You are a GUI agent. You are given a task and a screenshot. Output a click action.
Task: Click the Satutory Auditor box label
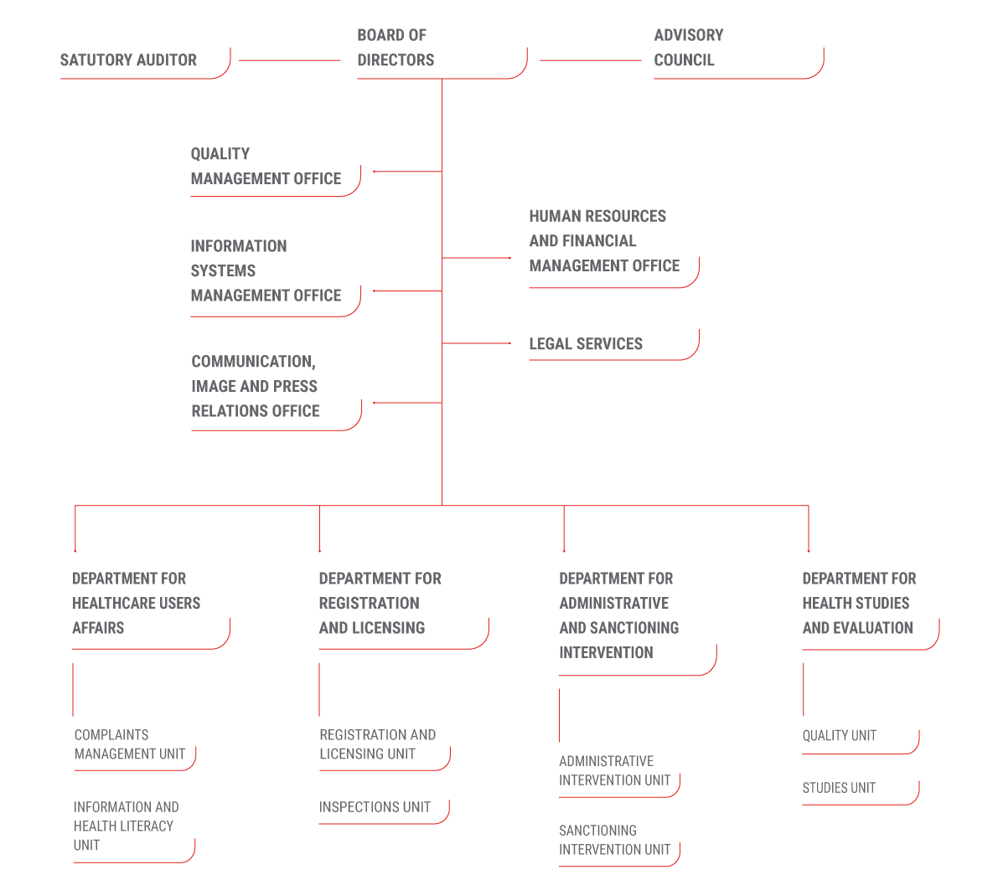point(128,60)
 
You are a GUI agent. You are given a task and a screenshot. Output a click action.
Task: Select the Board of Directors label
point(396,48)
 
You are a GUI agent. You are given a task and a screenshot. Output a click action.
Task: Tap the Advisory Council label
point(688,48)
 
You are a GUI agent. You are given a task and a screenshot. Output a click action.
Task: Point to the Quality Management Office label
point(266,167)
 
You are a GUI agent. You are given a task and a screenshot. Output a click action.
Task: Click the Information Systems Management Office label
point(266,270)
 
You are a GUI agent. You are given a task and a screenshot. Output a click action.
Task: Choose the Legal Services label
point(586,344)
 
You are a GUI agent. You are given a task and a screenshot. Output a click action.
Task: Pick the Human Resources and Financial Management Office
point(603,241)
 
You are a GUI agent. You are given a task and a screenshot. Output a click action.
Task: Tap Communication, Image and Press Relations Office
point(255,386)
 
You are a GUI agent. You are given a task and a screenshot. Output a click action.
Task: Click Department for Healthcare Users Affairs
point(136,603)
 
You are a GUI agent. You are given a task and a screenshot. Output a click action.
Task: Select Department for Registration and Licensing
point(380,603)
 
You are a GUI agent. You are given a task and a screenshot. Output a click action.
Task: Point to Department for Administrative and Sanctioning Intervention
point(618,615)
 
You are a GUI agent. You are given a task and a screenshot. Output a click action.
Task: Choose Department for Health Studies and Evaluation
point(858,603)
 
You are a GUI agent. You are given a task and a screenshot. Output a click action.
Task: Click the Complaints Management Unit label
point(129,744)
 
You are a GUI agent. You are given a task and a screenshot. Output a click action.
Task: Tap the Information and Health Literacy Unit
point(126,826)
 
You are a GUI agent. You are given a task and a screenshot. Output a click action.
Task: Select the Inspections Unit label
point(375,807)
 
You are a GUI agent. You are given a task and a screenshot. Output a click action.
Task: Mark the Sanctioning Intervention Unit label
point(614,840)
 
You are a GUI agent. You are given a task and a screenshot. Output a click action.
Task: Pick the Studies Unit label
point(838,788)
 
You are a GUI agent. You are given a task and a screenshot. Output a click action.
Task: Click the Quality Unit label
point(839,735)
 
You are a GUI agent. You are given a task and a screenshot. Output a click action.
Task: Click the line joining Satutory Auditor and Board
point(290,60)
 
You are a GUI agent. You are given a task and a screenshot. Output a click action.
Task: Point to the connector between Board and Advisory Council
point(590,60)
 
